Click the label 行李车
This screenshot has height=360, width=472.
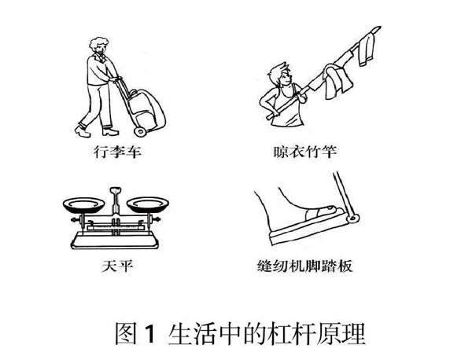[x=117, y=152]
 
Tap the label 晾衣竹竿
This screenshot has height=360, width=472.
[x=304, y=152]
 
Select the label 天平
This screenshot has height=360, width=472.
[x=117, y=266]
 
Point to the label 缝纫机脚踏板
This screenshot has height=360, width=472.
[x=304, y=266]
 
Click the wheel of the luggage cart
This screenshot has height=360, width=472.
[x=140, y=131]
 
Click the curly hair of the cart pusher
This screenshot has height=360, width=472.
[x=98, y=44]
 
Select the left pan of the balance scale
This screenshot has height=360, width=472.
[x=84, y=204]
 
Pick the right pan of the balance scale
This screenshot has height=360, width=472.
[x=148, y=204]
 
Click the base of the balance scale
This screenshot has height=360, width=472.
[x=115, y=240]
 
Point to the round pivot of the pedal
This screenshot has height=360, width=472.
[x=353, y=219]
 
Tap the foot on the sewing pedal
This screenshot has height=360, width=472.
[x=301, y=211]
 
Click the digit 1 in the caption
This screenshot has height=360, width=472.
[x=149, y=334]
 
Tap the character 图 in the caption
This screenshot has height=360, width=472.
[x=126, y=334]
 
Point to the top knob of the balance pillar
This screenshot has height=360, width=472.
[x=116, y=191]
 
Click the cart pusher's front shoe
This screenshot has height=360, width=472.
[x=110, y=131]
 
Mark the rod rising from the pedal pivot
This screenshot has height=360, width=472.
[x=342, y=193]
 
